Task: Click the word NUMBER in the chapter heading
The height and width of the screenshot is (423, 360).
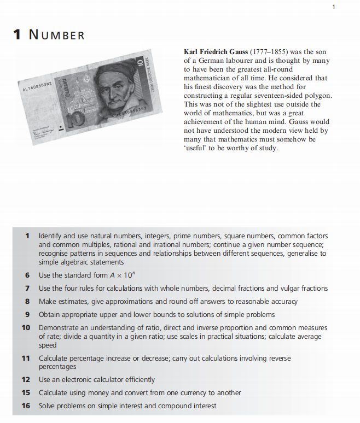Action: pyautogui.click(x=57, y=36)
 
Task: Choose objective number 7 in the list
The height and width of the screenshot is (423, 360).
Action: pyautogui.click(x=27, y=288)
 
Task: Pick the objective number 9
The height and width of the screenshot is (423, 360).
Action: pyautogui.click(x=27, y=314)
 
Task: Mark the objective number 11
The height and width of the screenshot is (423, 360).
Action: pyautogui.click(x=25, y=358)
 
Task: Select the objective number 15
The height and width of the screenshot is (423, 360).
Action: pyautogui.click(x=25, y=392)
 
